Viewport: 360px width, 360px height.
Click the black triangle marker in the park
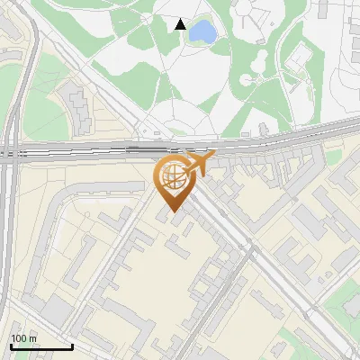coord(181,24)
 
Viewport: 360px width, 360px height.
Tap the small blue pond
coord(202,32)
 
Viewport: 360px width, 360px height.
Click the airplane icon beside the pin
coord(201,165)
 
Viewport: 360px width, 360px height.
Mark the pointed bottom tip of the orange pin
coord(174,212)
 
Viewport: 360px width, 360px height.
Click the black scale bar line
coord(41,347)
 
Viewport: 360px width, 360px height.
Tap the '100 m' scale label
coord(24,338)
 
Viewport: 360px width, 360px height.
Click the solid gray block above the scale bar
coord(54,310)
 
